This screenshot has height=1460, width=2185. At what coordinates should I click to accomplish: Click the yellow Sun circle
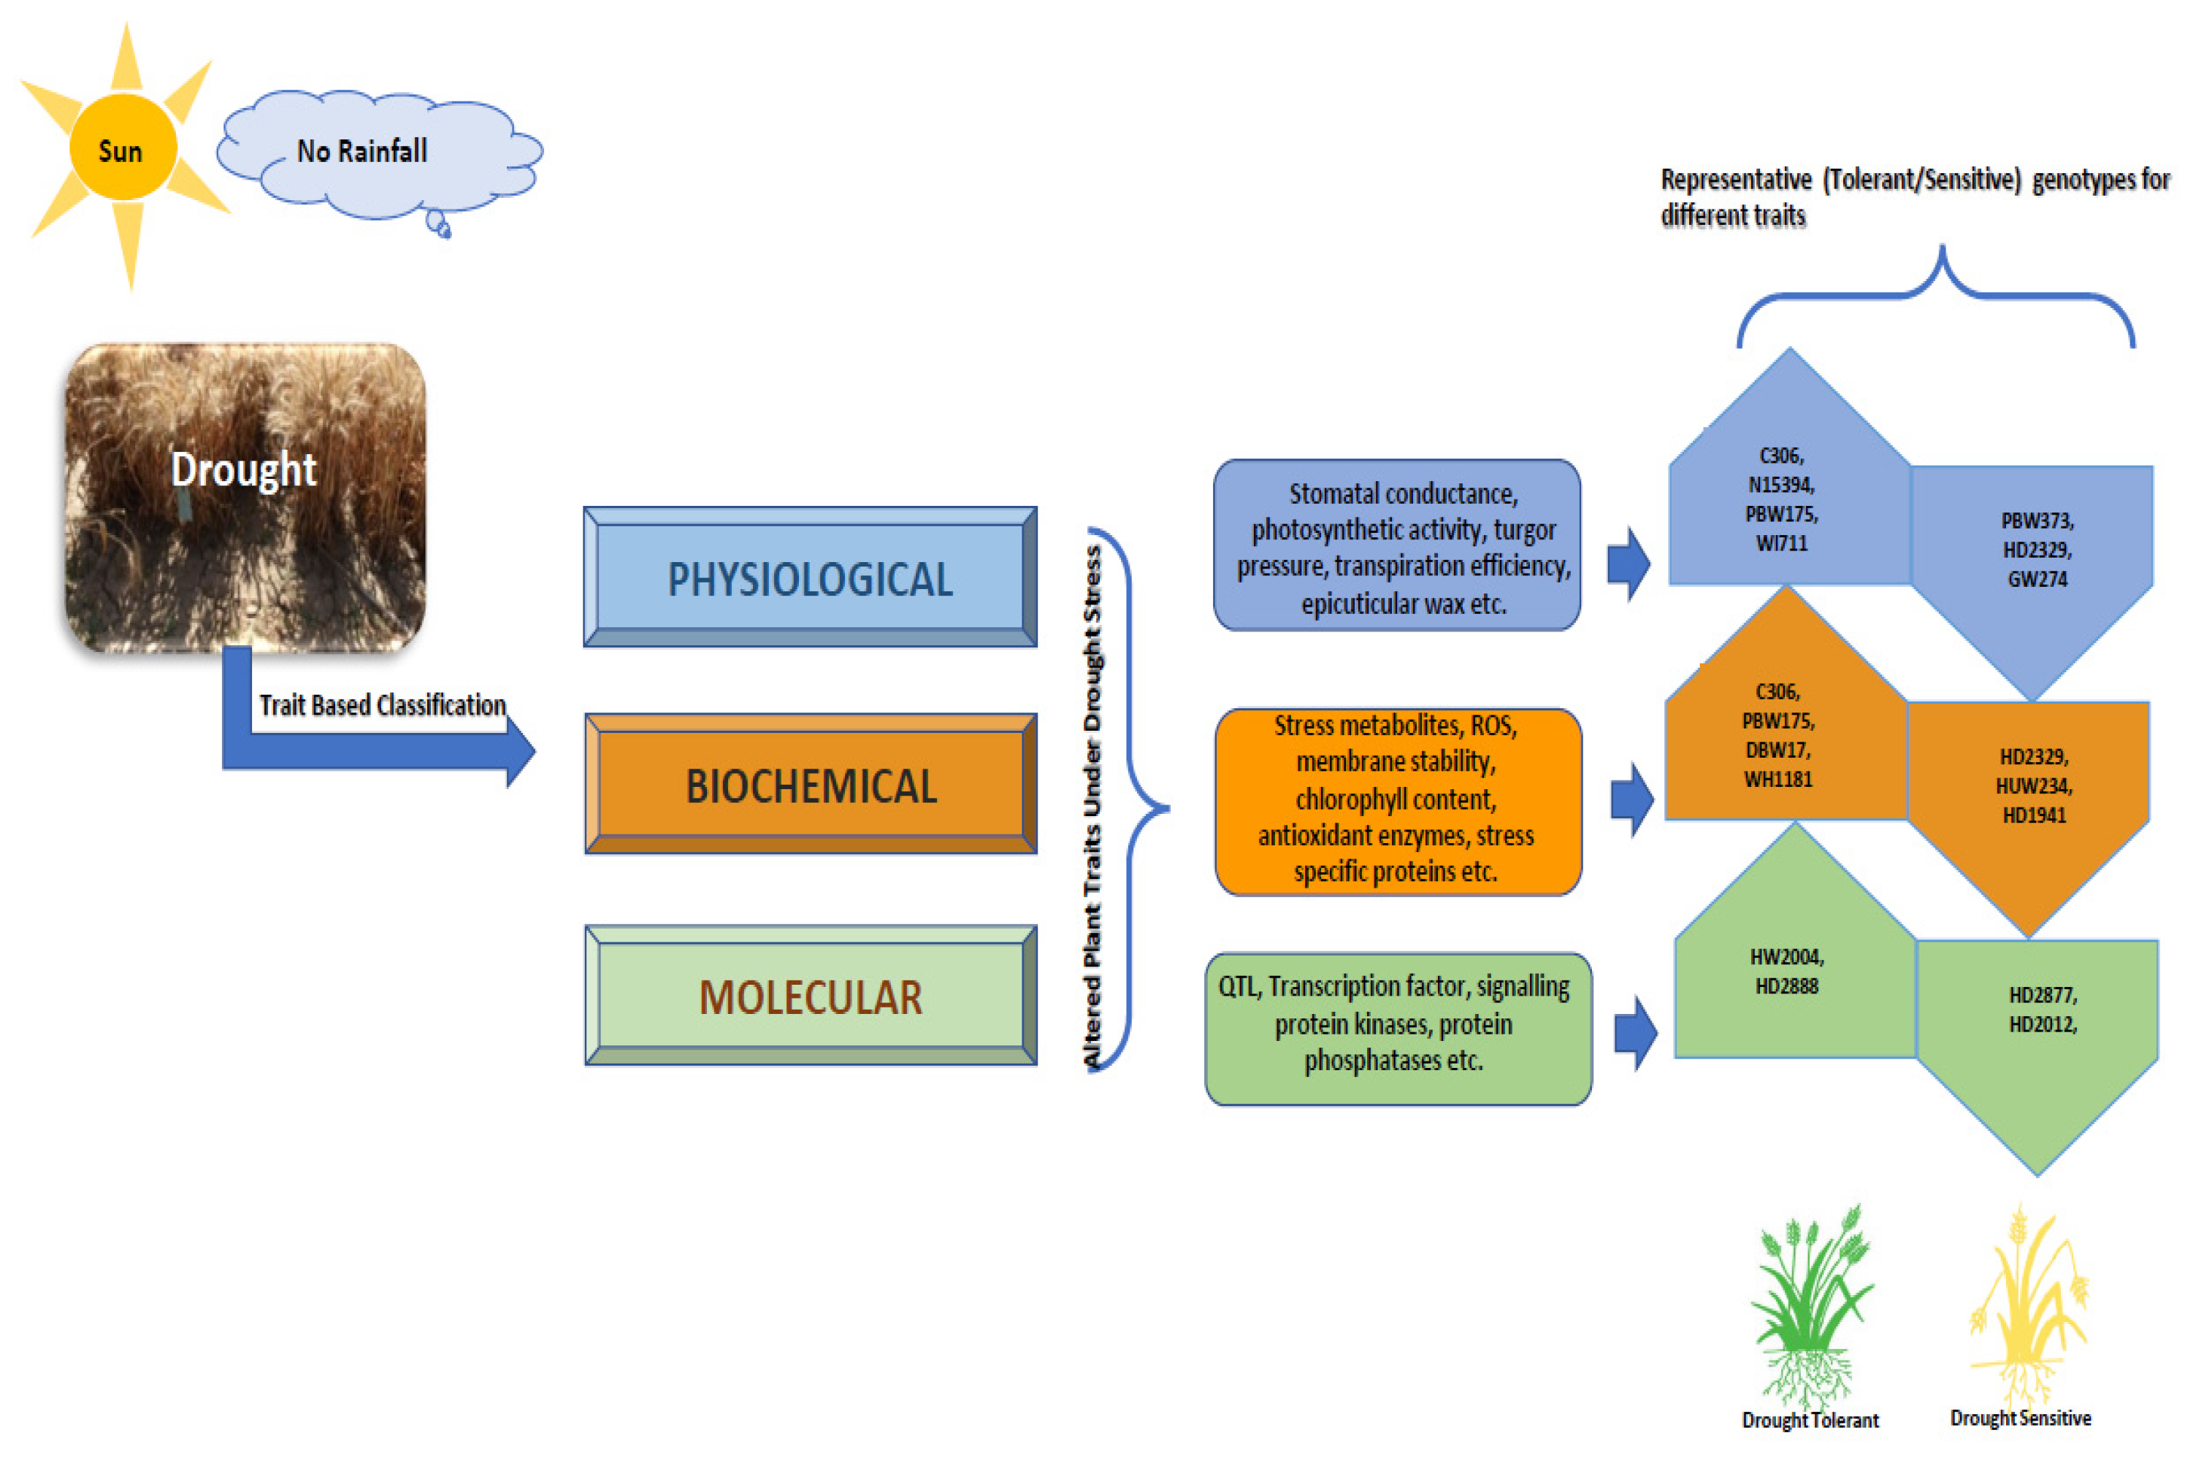123,147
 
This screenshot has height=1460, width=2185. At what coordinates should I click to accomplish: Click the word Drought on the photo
244,469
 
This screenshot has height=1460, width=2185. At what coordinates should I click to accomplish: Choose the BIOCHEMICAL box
811,784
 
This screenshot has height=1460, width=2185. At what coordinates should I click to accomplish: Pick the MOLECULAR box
811,996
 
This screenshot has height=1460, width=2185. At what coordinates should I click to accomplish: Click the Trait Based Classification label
383,705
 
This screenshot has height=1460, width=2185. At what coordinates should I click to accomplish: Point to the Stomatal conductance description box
1397,545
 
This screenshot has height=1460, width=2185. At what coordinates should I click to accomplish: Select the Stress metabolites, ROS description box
1398,802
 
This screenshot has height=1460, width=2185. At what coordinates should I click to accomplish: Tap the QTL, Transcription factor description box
1398,1029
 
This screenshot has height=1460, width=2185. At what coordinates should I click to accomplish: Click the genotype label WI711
1780,544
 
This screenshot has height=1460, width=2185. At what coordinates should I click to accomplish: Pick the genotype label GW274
2037,579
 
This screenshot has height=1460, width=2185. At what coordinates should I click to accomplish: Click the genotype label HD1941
2034,815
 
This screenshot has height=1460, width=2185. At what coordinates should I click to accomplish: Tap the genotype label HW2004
1786,957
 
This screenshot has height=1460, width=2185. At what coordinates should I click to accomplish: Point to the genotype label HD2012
2043,1025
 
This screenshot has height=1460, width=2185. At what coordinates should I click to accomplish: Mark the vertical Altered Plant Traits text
1092,807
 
